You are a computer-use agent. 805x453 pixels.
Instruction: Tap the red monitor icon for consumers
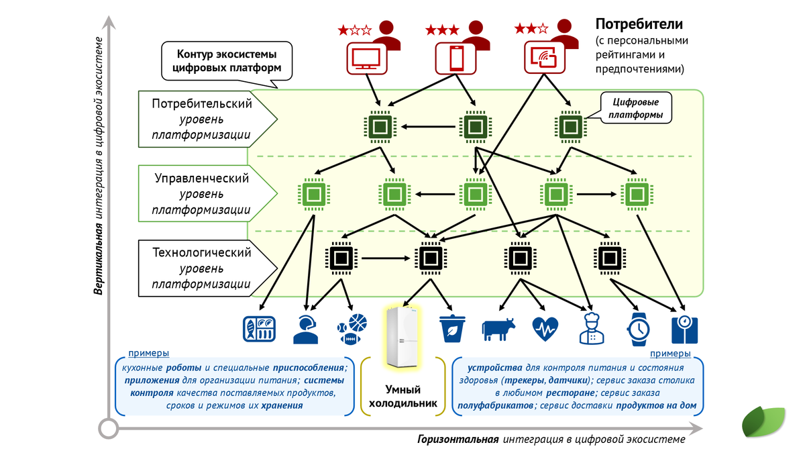[x=366, y=58]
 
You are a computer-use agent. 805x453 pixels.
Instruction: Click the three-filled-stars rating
[x=442, y=30]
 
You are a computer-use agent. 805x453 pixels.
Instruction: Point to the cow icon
[x=498, y=328]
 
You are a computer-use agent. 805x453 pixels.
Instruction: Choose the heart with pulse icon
[x=545, y=328]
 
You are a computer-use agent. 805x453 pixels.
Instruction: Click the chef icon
[x=591, y=328]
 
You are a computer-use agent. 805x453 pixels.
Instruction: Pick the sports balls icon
[x=352, y=328]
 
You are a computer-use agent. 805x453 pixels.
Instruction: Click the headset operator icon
[x=306, y=328]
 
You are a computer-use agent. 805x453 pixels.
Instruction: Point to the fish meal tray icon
[x=259, y=328]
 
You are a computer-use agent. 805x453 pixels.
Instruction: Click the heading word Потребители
[x=639, y=25]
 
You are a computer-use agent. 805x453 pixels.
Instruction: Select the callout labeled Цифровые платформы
[x=636, y=109]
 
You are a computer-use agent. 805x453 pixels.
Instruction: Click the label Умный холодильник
[x=402, y=396]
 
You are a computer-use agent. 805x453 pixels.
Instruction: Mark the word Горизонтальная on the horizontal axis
[x=458, y=440]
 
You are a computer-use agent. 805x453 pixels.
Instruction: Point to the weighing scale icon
[x=684, y=328]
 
